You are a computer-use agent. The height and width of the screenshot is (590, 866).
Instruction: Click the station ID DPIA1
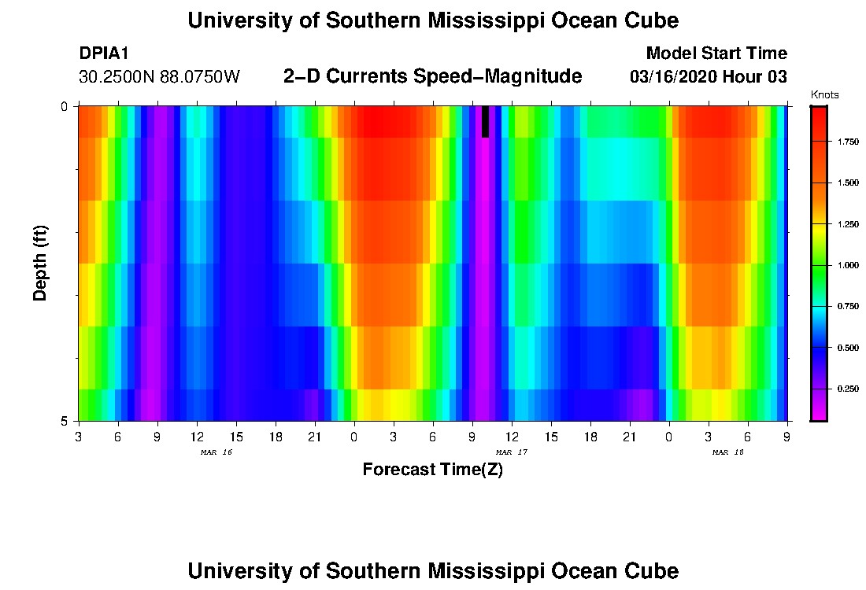pos(104,53)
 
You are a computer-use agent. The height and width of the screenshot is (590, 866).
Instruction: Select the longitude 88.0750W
pos(200,77)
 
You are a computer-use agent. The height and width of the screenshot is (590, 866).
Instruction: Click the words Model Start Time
pos(716,53)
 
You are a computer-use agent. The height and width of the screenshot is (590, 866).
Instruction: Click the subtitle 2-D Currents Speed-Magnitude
pos(432,76)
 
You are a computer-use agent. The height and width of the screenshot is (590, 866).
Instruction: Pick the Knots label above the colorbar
pos(824,95)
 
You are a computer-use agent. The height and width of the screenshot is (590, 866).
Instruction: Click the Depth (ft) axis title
pos(41,263)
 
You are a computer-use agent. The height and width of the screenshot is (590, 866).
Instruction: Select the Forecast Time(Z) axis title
pos(432,470)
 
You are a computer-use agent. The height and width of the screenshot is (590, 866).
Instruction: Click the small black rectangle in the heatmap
pos(485,122)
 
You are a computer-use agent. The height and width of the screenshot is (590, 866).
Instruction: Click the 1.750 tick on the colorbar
pos(847,142)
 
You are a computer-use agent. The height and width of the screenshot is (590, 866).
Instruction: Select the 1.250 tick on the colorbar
pos(847,224)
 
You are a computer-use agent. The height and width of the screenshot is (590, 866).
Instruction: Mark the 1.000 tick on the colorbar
pos(847,265)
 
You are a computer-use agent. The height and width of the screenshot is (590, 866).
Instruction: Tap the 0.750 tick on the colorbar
pos(847,306)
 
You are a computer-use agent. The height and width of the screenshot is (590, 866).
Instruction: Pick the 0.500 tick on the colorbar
pos(847,347)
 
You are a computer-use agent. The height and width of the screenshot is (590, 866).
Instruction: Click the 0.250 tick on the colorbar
pos(847,389)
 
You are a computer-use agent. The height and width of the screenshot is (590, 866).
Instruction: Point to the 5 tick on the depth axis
pos(65,421)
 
